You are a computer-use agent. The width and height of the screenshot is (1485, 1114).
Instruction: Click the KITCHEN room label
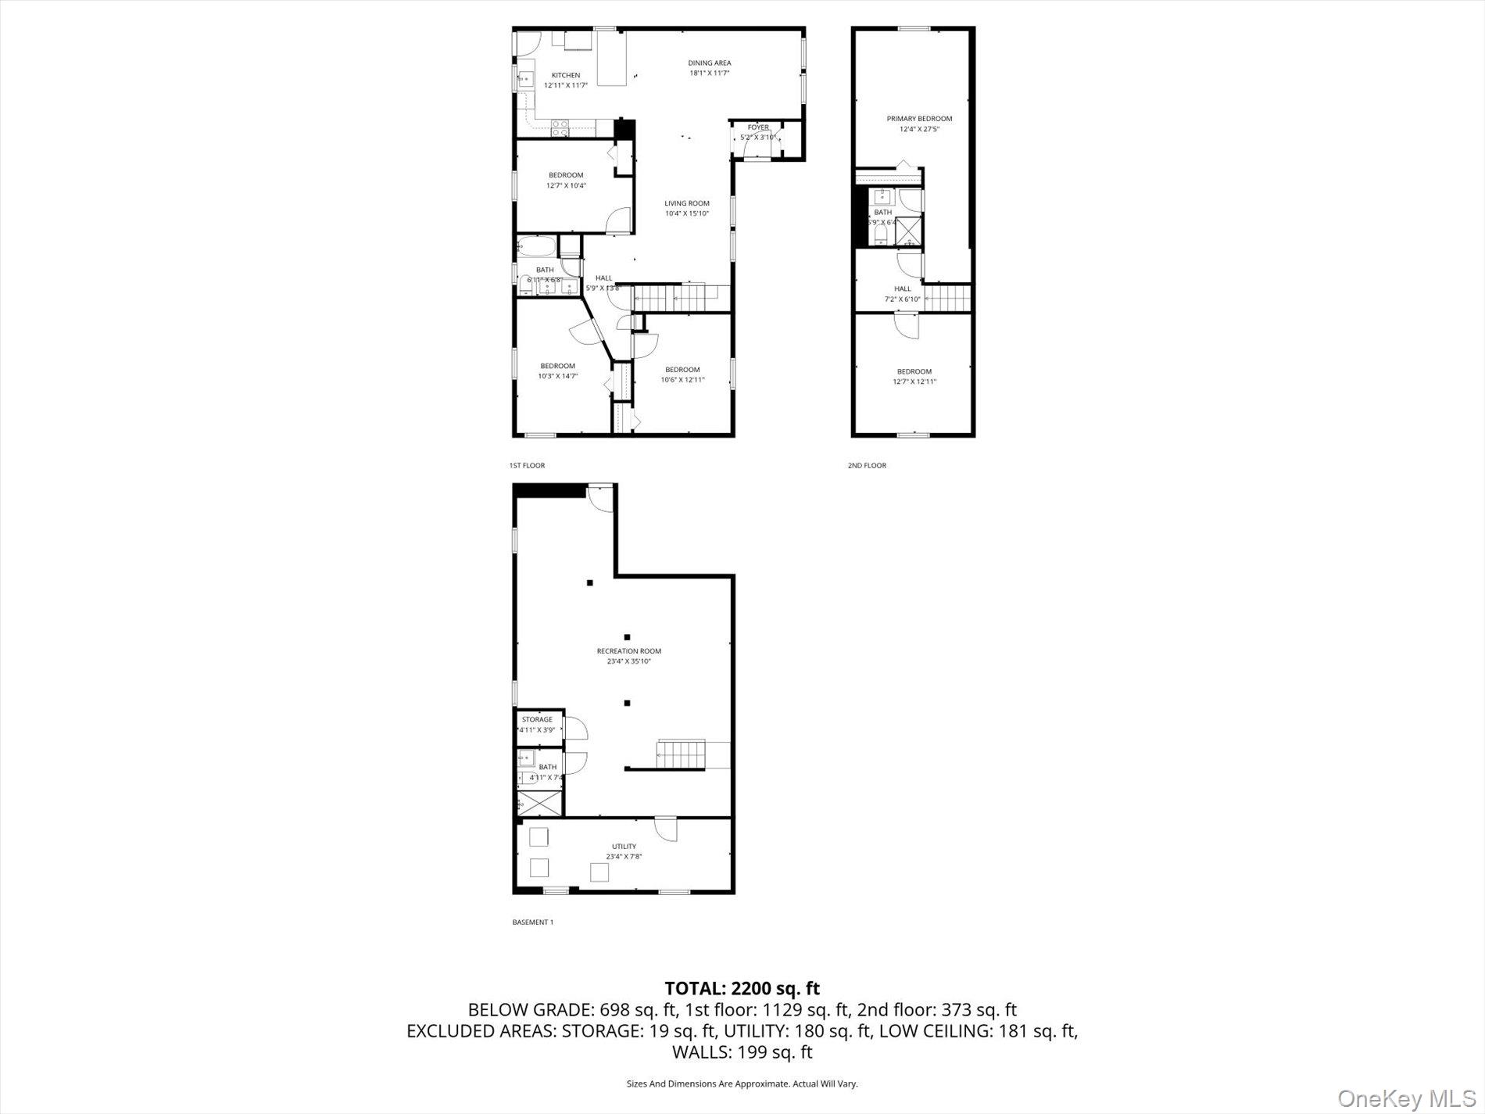[566, 75]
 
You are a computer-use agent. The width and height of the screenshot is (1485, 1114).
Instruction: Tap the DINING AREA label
[709, 63]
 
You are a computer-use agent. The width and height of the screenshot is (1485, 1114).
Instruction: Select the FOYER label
[757, 127]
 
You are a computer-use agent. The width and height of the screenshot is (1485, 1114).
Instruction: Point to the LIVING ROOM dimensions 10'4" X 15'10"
[686, 213]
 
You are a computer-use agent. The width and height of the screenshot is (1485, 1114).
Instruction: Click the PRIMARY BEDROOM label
[919, 119]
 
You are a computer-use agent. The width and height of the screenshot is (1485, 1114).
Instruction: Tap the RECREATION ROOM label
[628, 651]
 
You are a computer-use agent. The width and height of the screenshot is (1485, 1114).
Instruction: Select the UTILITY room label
[624, 846]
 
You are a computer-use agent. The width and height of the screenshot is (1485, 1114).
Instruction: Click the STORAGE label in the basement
[537, 719]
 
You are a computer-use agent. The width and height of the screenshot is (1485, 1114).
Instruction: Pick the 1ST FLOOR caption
[527, 465]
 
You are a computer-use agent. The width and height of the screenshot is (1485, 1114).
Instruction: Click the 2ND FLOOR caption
[867, 465]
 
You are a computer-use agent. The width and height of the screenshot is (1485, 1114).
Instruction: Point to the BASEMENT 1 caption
[532, 922]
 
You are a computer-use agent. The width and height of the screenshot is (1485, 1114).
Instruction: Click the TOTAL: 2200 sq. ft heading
[742, 988]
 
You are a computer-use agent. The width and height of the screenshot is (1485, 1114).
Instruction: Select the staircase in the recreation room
[682, 754]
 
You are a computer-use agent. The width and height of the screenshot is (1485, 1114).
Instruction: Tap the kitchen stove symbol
[560, 128]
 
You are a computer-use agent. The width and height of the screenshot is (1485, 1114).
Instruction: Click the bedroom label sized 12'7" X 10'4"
[566, 175]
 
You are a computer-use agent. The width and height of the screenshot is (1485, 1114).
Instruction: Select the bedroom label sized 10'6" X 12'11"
[682, 370]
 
